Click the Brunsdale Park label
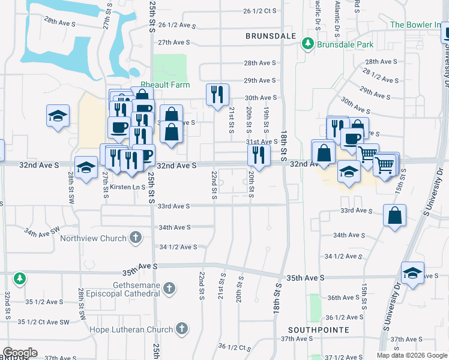click(x=345, y=44)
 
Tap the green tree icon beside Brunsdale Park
click(x=308, y=44)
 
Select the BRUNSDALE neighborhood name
click(x=271, y=36)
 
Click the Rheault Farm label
click(x=165, y=85)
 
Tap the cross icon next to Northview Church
click(x=136, y=238)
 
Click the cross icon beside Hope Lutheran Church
click(x=181, y=329)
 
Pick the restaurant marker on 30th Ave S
click(x=217, y=94)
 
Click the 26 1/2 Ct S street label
click(x=259, y=11)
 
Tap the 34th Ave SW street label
click(x=42, y=230)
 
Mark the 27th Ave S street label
click(x=173, y=43)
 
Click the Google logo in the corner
click(x=20, y=353)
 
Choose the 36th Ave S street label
click(x=343, y=298)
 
